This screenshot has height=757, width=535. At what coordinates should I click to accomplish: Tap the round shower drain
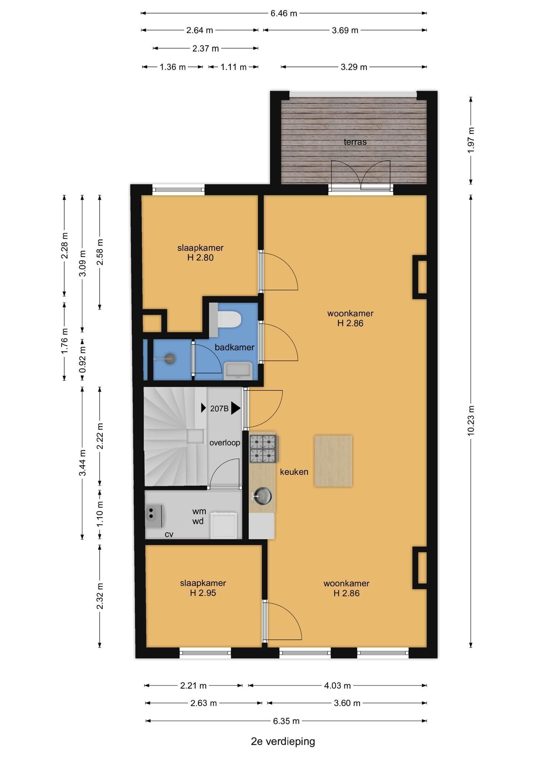tap(170, 359)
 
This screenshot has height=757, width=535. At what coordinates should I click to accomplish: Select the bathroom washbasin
tap(238, 371)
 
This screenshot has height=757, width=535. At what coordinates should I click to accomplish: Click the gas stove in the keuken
tap(263, 449)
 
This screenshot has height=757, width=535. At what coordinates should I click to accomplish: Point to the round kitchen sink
tap(263, 495)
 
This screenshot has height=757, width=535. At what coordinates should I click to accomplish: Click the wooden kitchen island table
tap(333, 461)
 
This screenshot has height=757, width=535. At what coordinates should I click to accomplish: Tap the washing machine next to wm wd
tap(224, 525)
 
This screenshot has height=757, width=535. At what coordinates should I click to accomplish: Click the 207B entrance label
tap(219, 408)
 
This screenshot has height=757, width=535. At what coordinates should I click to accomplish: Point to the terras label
tap(355, 142)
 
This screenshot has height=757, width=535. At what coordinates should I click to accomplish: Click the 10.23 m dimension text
tap(470, 420)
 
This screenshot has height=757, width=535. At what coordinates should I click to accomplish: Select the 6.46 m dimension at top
tap(284, 13)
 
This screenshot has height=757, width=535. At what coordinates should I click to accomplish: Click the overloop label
tap(225, 442)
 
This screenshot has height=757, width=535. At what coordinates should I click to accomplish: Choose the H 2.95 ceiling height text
tap(203, 593)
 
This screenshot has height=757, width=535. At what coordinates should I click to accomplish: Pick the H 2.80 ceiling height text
tap(200, 257)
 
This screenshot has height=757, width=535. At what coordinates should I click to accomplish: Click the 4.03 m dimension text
tap(337, 686)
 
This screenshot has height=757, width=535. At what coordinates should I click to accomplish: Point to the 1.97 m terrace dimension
tap(470, 140)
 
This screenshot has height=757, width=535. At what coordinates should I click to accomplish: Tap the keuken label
tap(294, 472)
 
